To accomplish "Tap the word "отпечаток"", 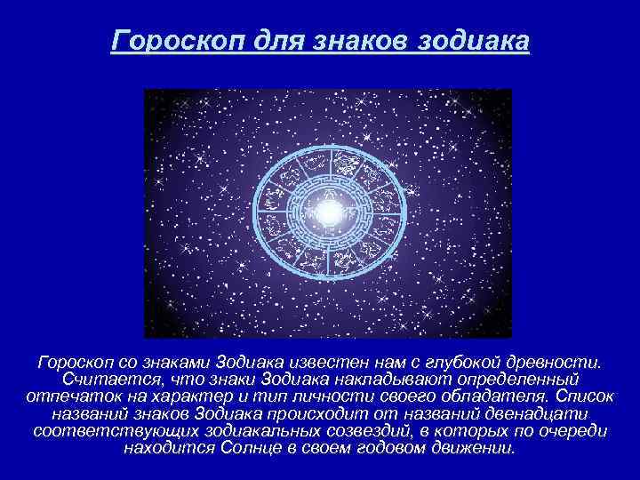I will point(67,396).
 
